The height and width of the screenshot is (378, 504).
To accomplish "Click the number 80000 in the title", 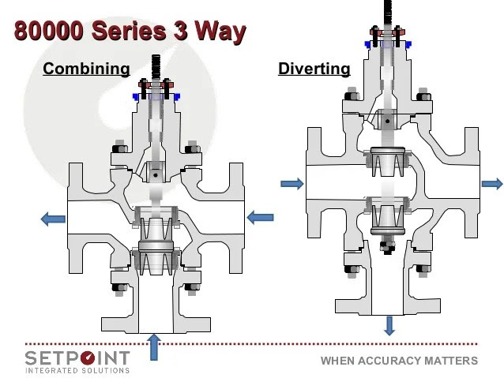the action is point(48,31).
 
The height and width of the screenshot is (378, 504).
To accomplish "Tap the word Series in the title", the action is point(129,31).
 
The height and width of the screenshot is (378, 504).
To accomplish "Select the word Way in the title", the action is point(220,32).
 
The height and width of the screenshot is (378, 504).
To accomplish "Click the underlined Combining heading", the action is point(86,69).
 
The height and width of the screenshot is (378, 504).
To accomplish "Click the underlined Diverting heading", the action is point(314,69).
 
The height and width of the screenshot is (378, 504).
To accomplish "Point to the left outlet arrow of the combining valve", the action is point(53,219).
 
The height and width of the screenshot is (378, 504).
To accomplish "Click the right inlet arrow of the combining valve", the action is point(261,218).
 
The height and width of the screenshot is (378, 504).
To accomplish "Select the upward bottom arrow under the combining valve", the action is point(154,347).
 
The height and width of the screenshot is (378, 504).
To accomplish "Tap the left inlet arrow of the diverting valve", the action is point(292,184).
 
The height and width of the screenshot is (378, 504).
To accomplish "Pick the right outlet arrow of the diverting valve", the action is point(492,184).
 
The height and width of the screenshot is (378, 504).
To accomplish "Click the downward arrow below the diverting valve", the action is point(389,326).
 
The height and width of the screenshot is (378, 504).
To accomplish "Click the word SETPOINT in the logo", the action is point(77,358).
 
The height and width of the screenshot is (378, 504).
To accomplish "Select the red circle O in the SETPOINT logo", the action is point(88,358).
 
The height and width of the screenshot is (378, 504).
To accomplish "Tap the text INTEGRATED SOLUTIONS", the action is point(77,371).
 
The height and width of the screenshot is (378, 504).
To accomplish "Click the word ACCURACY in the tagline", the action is point(389,361).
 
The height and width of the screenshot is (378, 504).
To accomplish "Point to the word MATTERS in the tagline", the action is point(451,361).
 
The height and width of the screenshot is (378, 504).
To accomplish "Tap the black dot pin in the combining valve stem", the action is point(156,175).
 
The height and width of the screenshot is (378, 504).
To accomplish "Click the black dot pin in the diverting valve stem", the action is point(388,122).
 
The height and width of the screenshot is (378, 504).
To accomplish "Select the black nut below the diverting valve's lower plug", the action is point(388,246).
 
